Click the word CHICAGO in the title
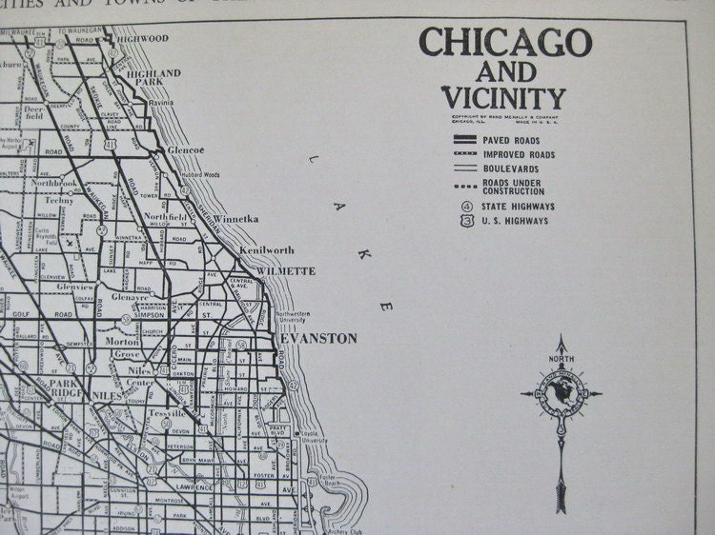pyautogui.click(x=505, y=43)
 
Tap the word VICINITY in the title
pyautogui.click(x=503, y=97)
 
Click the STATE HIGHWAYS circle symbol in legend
pyautogui.click(x=463, y=206)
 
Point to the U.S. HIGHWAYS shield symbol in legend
pyautogui.click(x=463, y=221)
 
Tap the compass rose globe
pyautogui.click(x=561, y=391)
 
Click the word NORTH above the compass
pyautogui.click(x=561, y=358)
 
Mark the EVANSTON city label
pyautogui.click(x=318, y=338)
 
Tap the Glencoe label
pyautogui.click(x=187, y=150)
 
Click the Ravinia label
pyautogui.click(x=161, y=101)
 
